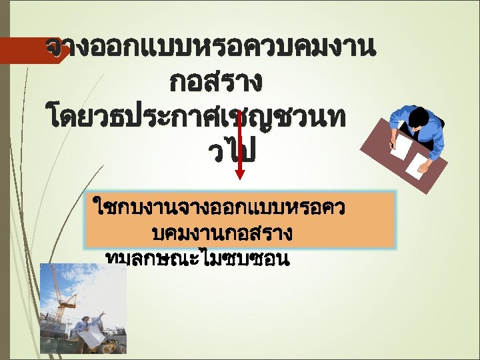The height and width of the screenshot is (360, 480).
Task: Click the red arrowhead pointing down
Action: (x=240, y=175)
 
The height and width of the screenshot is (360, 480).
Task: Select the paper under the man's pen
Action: (x=401, y=147)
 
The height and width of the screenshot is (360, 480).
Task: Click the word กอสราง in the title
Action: (x=215, y=83)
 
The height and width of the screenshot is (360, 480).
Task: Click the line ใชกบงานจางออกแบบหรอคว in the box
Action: (x=220, y=209)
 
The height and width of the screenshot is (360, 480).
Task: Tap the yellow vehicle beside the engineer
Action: (x=116, y=345)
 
